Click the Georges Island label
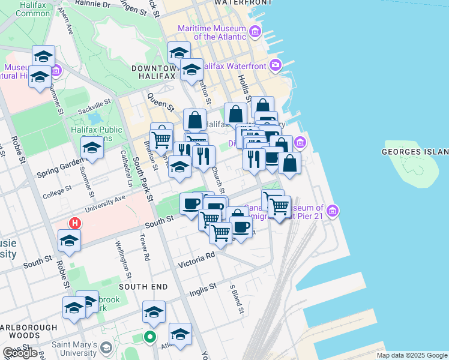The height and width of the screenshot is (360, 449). pyautogui.click(x=414, y=152)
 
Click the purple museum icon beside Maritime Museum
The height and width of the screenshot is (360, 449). pyautogui.click(x=255, y=31)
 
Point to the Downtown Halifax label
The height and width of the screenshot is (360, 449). pyautogui.click(x=153, y=73)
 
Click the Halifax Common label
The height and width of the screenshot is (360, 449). pyautogui.click(x=25, y=9)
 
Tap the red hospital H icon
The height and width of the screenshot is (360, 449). pyautogui.click(x=74, y=223)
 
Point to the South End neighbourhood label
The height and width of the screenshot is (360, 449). pyautogui.click(x=143, y=287)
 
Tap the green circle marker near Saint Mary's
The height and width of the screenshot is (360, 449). pyautogui.click(x=150, y=338)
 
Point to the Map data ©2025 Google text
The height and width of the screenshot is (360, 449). pyautogui.click(x=411, y=355)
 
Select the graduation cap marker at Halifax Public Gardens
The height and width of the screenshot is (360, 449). pyautogui.click(x=92, y=146)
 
